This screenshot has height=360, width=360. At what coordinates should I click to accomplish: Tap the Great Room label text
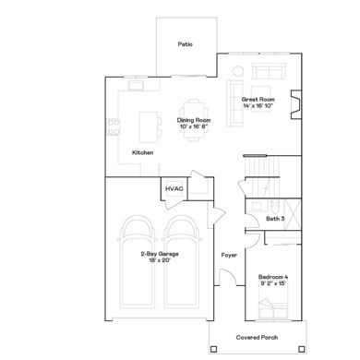coord(258,98)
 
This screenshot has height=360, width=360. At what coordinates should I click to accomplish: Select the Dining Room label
coord(196,119)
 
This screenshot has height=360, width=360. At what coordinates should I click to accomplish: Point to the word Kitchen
coord(143,152)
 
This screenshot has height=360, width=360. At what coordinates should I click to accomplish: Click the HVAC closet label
coord(174,188)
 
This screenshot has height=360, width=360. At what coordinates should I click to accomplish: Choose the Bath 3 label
coord(275,219)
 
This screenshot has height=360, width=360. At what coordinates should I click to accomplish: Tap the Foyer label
coord(229,254)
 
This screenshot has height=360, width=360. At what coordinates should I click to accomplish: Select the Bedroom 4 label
coord(274,278)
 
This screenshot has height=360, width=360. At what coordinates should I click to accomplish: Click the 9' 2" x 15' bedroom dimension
coord(274,285)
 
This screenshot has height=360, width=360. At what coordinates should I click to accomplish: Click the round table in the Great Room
coord(237,71)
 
